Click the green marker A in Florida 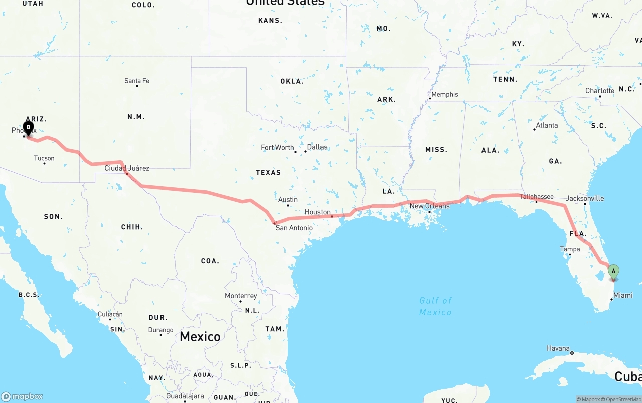click(x=613, y=272)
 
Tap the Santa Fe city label click(x=137, y=81)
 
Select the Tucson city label click(x=44, y=158)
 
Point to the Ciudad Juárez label click(x=127, y=168)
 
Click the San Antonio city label click(x=294, y=228)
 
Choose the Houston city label click(x=318, y=212)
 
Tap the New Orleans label click(x=430, y=206)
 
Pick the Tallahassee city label click(x=536, y=197)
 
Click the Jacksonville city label click(x=585, y=198)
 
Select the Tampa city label click(x=570, y=249)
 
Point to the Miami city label click(x=623, y=295)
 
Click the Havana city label click(x=558, y=348)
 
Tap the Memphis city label click(x=445, y=94)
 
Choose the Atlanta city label click(x=547, y=125)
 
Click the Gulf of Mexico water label click(x=435, y=306)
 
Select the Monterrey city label click(x=241, y=296)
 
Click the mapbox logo click(x=22, y=396)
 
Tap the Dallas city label click(x=317, y=147)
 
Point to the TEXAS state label click(x=268, y=172)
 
